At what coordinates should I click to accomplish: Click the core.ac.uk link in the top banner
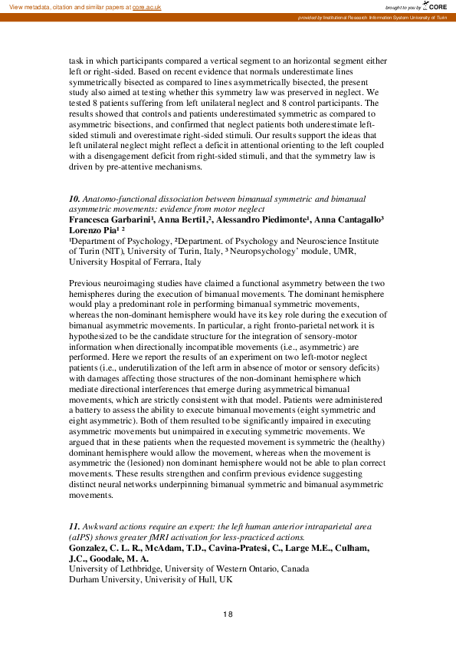[146, 6]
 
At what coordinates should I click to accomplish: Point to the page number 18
[228, 614]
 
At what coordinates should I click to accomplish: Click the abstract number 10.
[74, 199]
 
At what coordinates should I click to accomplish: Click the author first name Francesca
[92, 219]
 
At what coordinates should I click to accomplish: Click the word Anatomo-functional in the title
[120, 199]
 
